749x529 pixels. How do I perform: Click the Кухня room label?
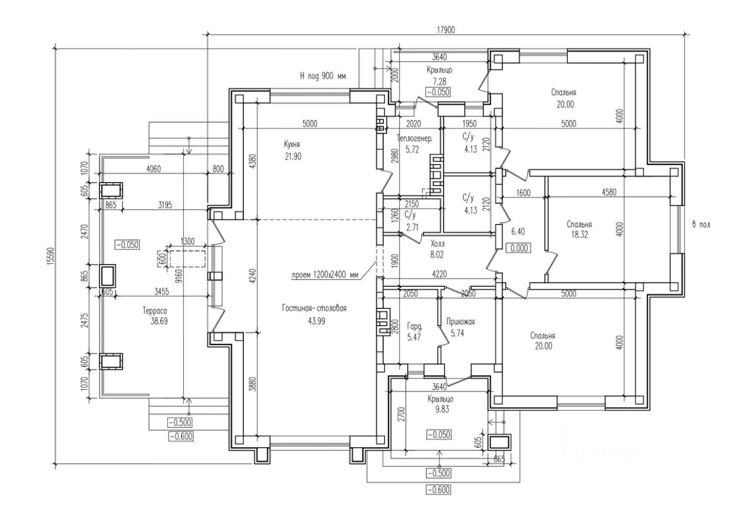(x=293, y=143)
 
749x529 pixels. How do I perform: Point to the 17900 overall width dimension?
(x=445, y=29)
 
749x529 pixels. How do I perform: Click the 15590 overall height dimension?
(x=50, y=256)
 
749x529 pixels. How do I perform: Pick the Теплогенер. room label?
(x=414, y=139)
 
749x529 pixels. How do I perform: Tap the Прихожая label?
(x=459, y=321)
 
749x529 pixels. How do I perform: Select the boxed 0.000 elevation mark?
(x=519, y=248)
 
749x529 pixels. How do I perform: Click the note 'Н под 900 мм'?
(x=322, y=76)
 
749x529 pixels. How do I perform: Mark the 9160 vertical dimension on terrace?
(x=179, y=272)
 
